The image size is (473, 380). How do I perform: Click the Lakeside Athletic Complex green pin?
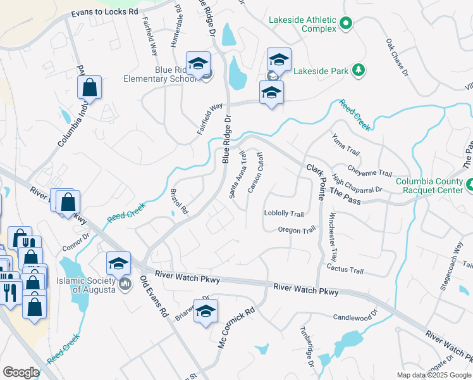(x=345, y=24)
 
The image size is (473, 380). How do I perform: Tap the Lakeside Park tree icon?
(x=359, y=70)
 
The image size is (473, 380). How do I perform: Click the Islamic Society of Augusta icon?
(x=125, y=285)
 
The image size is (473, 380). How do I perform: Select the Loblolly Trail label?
(x=284, y=214)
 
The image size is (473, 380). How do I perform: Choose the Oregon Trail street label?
(x=296, y=230)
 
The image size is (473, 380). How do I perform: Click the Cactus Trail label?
(x=345, y=270)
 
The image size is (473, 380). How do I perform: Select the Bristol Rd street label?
(x=180, y=201)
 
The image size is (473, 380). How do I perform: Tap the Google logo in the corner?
(x=20, y=372)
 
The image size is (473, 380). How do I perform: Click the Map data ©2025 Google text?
(x=433, y=375)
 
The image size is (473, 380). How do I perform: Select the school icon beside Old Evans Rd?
(x=118, y=263)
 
